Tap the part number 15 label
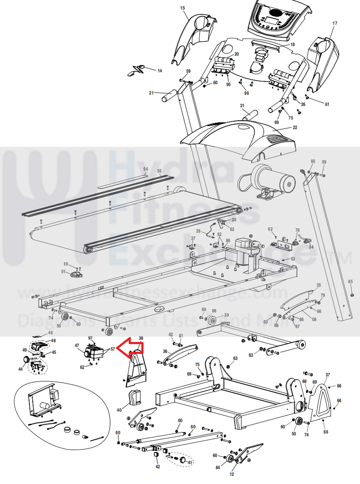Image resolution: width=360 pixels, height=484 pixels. [x=182, y=8]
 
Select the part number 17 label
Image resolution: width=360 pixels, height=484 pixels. [x=335, y=23]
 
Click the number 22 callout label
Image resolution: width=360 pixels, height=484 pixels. [x=295, y=128]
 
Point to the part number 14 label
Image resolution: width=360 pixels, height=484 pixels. [x=160, y=71]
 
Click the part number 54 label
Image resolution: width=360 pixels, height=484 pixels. [x=146, y=169]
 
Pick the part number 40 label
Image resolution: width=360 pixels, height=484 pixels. [x=119, y=410]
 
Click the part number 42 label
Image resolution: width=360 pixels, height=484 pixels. [x=157, y=466]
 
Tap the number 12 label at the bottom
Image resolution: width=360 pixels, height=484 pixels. [x=232, y=475]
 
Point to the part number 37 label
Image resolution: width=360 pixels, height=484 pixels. [x=327, y=375]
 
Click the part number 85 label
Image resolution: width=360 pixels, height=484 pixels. [x=350, y=281]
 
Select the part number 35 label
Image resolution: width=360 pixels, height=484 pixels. [x=319, y=285]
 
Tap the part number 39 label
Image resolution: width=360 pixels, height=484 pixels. [x=226, y=315]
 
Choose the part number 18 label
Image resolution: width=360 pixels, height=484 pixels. [x=292, y=44]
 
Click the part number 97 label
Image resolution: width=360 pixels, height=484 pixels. [x=90, y=338]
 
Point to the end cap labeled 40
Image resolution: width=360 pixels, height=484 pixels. [x=135, y=397]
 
